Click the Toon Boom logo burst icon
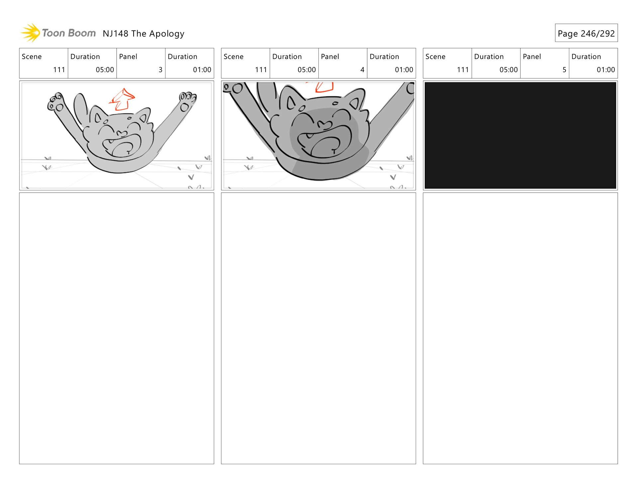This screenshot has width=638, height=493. point(31,33)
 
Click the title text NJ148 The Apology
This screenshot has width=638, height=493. point(144,34)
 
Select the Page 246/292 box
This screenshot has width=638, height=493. point(586,33)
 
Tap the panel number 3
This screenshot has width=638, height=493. point(160,70)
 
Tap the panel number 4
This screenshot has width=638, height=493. point(362,70)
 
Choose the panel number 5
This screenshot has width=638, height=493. point(564,70)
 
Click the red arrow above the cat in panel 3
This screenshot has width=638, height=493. point(122,99)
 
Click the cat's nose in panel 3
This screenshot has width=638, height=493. point(122,134)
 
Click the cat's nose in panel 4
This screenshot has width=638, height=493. point(324,125)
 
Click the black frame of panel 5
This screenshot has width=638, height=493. point(520,136)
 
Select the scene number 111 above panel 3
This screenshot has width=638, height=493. point(59,70)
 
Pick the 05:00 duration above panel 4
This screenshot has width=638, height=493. point(306,70)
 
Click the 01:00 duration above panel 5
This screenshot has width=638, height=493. point(605,70)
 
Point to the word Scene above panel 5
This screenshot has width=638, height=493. point(435,57)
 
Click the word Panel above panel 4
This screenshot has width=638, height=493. point(330,57)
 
